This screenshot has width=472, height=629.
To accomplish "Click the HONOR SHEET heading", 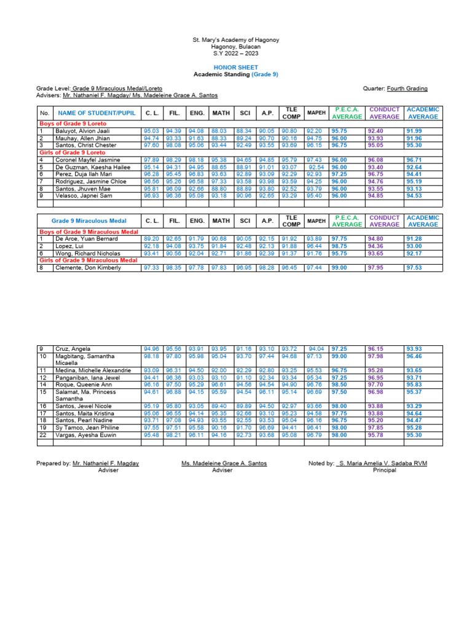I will tap(236, 67).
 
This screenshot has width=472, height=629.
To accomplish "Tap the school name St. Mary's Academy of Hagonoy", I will tap(236, 40).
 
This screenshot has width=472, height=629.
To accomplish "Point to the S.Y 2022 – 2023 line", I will tap(236, 53).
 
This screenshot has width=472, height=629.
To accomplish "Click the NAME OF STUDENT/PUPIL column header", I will tap(96, 113).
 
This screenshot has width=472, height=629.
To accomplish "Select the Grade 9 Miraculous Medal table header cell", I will tap(89, 221).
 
